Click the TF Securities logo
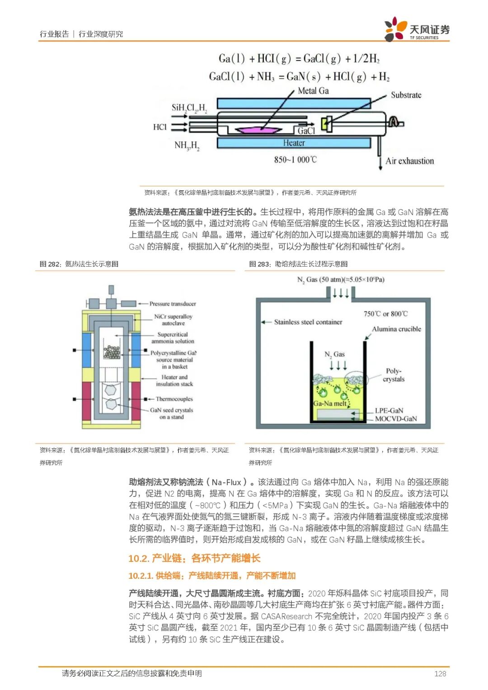point(417,30)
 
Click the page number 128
point(440,673)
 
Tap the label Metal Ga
point(313,91)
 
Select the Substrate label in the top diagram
point(406,95)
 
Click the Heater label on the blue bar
point(294,143)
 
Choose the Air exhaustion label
point(409,161)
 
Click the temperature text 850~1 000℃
point(295,160)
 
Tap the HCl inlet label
point(160,127)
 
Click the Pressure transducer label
point(173,304)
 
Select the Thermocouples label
point(174,399)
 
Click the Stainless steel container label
point(308,322)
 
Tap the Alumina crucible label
point(396,329)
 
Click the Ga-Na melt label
point(330,403)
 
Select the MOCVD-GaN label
point(396,419)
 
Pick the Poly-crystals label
point(394,375)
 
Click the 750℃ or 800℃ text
point(385,314)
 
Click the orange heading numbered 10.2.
point(194,558)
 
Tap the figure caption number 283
point(263,264)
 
